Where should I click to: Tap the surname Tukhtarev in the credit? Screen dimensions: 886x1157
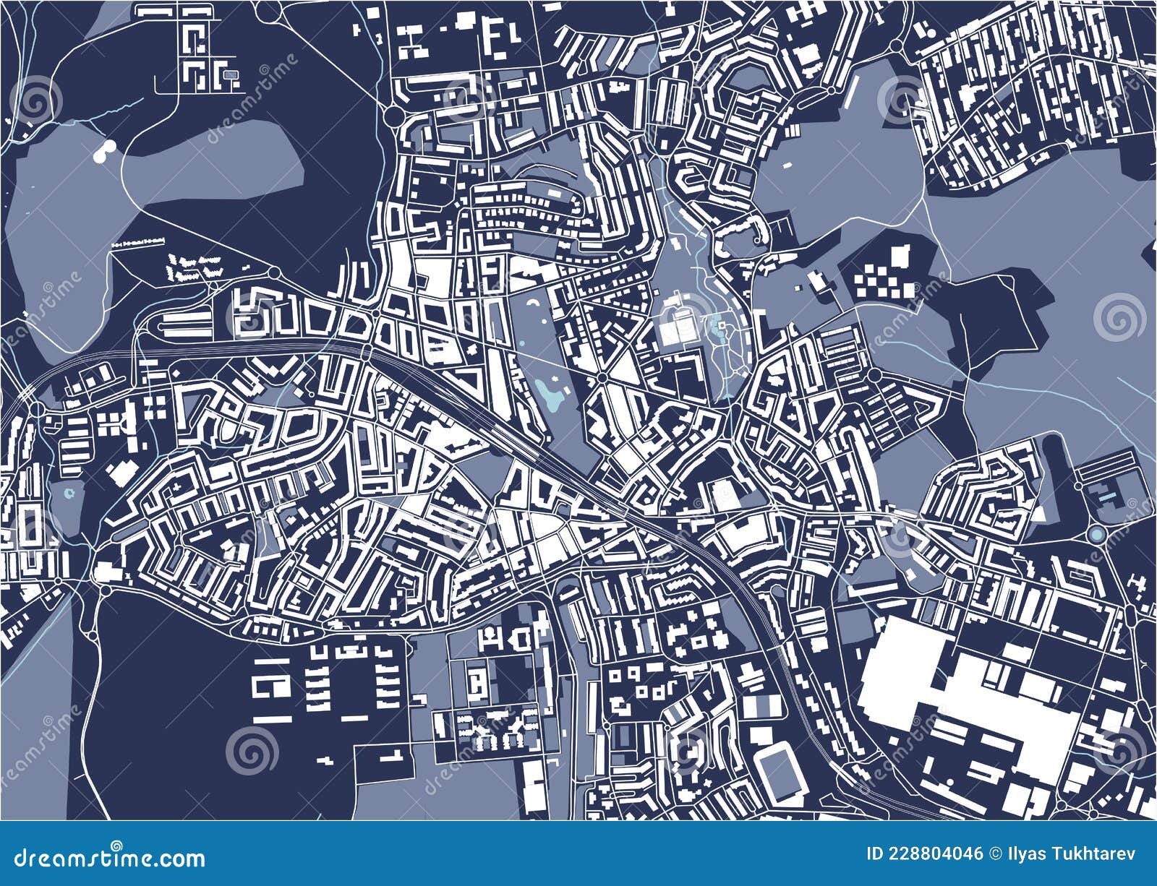1100,854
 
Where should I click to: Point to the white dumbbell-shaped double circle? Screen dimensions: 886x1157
104,152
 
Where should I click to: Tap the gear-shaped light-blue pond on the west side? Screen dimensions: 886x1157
69,494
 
